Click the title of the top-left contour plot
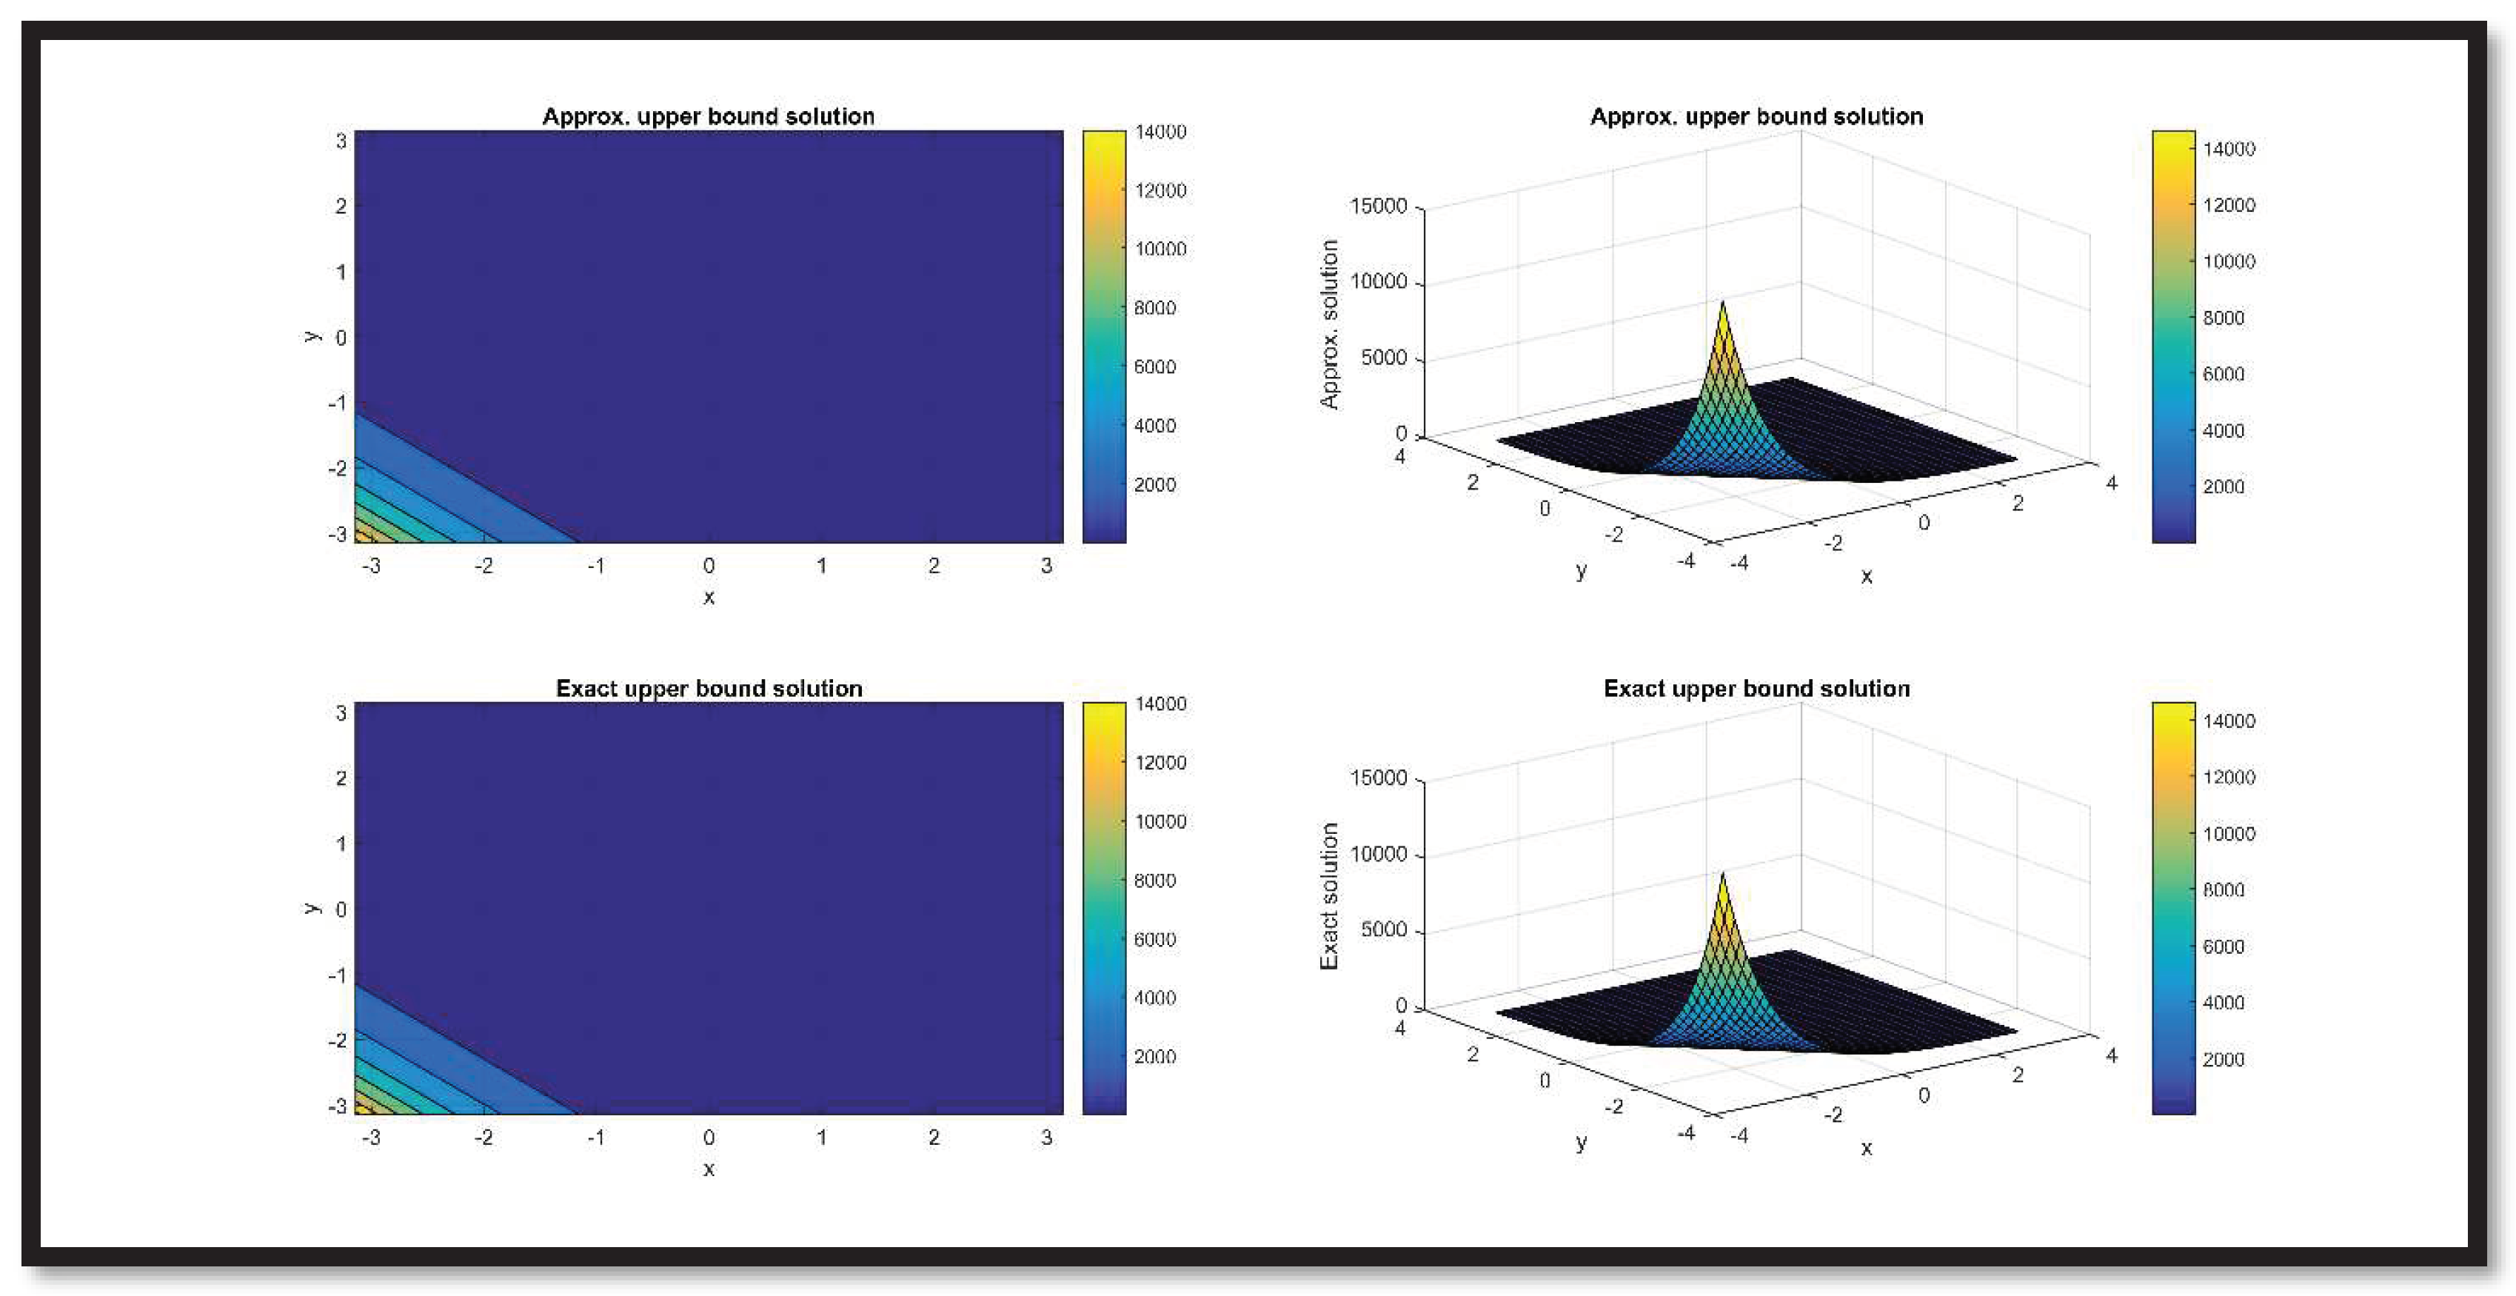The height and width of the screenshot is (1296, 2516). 708,116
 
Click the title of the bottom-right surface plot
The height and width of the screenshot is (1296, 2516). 1756,689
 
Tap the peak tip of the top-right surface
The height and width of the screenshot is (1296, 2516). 1722,304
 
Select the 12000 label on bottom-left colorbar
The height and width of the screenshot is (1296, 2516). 1160,763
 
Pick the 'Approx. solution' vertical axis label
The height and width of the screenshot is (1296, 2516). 1329,324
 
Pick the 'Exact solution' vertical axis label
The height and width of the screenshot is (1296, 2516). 1329,897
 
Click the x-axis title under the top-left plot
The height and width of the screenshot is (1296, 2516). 709,597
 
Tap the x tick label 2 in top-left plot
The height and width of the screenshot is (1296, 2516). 934,566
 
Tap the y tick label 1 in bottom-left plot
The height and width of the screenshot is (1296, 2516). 341,843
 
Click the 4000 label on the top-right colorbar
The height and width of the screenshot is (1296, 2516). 2223,431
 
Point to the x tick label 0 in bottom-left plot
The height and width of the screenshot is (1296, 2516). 709,1138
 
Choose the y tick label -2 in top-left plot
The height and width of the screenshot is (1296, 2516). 337,469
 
